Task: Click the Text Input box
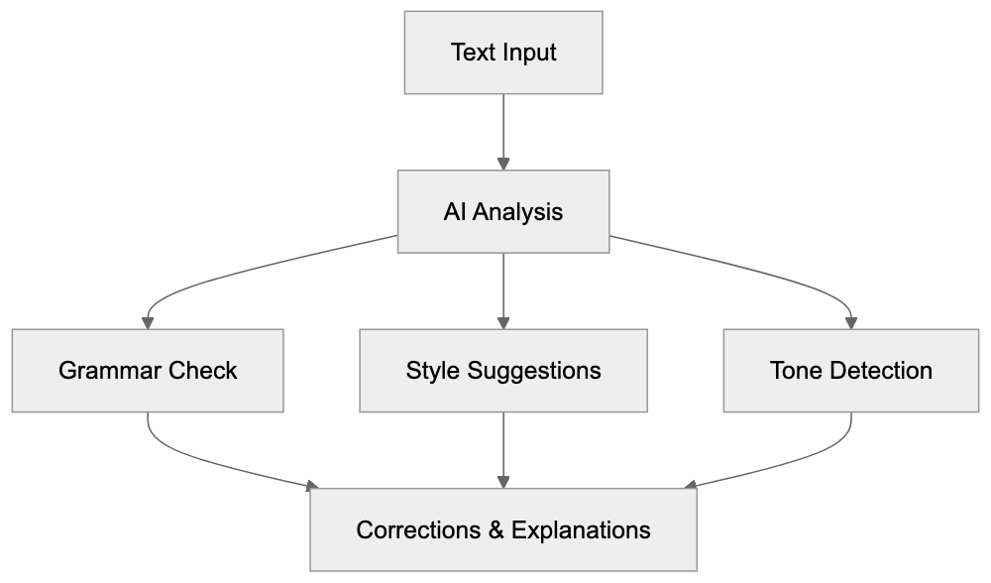click(x=503, y=53)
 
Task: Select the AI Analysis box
click(x=503, y=211)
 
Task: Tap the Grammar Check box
click(x=148, y=371)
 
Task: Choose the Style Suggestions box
click(x=503, y=371)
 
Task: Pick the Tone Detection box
click(x=850, y=371)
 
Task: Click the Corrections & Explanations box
click(x=503, y=529)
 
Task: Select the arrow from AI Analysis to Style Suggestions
click(x=503, y=288)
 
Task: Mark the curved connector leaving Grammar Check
click(x=198, y=461)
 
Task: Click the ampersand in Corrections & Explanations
click(x=496, y=529)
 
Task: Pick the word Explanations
click(x=581, y=529)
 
